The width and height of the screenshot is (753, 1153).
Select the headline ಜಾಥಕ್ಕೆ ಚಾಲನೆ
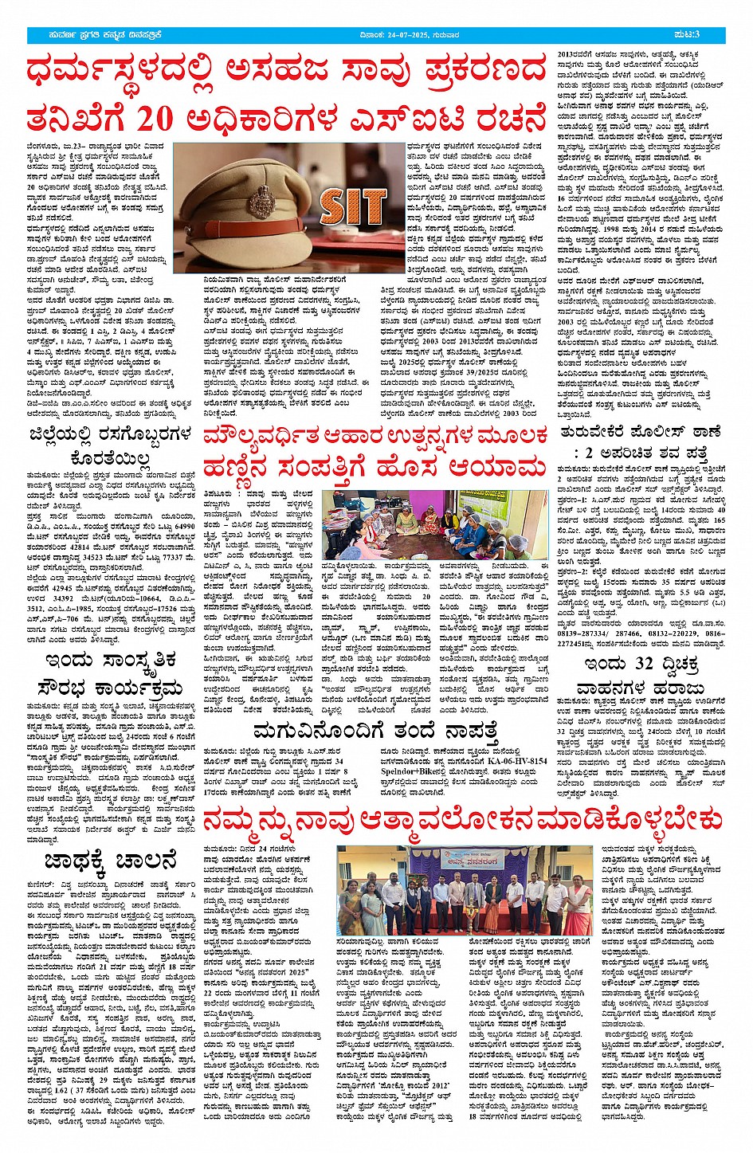point(111,861)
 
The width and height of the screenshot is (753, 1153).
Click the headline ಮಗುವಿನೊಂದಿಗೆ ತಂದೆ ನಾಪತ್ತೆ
point(375,729)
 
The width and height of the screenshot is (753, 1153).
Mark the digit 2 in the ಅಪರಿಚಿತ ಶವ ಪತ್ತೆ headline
point(589,453)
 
